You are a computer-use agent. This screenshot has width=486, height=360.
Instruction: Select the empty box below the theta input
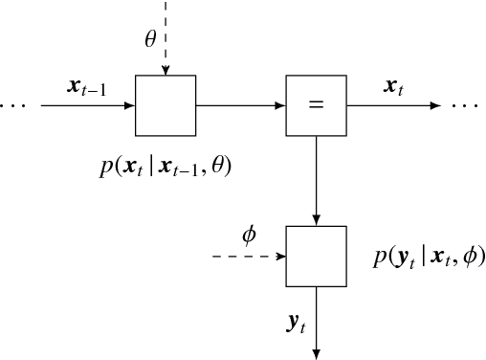(x=166, y=105)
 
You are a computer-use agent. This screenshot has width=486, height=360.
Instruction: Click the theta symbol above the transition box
(x=150, y=39)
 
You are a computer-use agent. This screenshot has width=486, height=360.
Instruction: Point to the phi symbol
(x=250, y=235)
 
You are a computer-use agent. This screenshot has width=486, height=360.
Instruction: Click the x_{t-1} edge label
(x=87, y=87)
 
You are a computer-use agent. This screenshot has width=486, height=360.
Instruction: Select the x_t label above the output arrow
(x=392, y=87)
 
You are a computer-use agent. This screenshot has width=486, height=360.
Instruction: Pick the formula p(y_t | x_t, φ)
(x=429, y=257)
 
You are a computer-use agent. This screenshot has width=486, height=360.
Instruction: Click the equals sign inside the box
(x=316, y=105)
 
